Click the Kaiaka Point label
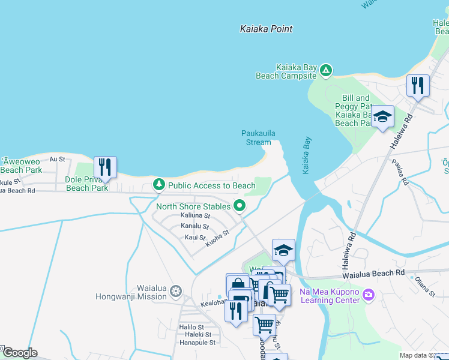point(266,29)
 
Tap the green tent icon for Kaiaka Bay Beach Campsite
point(325,71)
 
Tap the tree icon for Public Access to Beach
point(159,185)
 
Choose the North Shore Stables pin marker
point(240,206)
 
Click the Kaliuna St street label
point(195,215)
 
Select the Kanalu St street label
point(194,227)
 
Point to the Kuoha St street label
point(217,239)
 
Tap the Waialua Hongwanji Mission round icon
point(176,292)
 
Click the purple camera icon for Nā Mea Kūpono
point(369,294)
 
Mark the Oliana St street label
point(423,286)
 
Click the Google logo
point(19,353)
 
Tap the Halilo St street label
point(193,326)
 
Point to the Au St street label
point(57,159)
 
